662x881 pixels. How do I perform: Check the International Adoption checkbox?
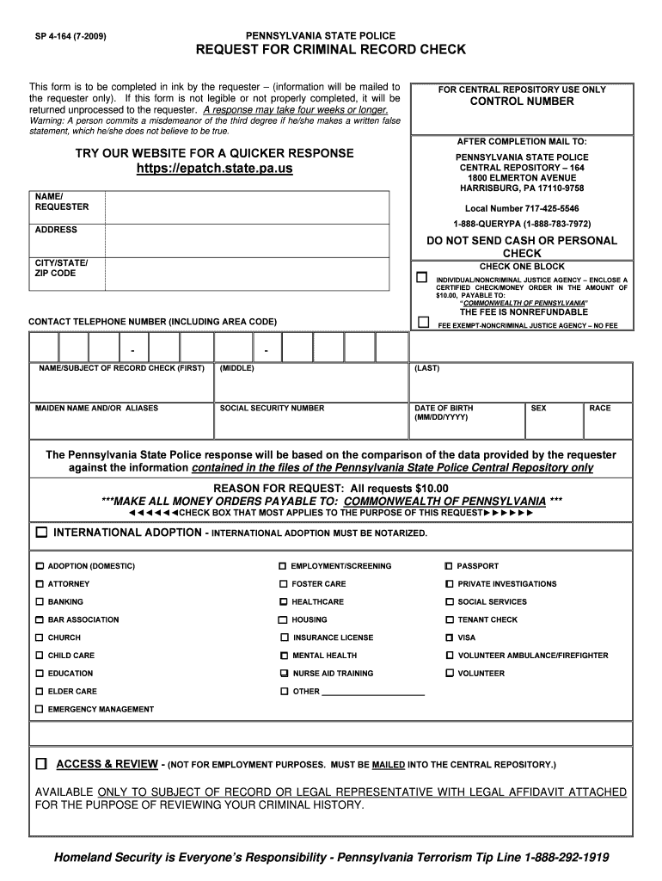pyautogui.click(x=41, y=533)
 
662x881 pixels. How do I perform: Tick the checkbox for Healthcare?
pyautogui.click(x=283, y=602)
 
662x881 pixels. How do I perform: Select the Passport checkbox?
pyautogui.click(x=449, y=566)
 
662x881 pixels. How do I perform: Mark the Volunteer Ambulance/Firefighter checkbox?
pyautogui.click(x=450, y=656)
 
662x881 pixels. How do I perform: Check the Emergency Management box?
pyautogui.click(x=39, y=709)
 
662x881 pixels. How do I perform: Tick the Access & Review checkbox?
pyautogui.click(x=41, y=764)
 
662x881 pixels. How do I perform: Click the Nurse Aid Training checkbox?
pyautogui.click(x=284, y=674)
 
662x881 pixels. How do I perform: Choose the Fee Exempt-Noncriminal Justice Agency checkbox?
pyautogui.click(x=422, y=323)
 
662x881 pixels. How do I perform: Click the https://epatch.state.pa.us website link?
pyautogui.click(x=215, y=169)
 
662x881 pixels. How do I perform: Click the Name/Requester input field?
pyautogui.click(x=247, y=206)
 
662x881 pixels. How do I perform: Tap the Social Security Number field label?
pyautogui.click(x=272, y=408)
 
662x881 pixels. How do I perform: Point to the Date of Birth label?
pyautogui.click(x=444, y=408)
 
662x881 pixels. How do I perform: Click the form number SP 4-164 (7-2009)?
pyautogui.click(x=70, y=36)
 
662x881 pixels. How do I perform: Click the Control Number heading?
pyautogui.click(x=521, y=102)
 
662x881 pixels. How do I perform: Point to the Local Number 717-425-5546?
pyautogui.click(x=522, y=208)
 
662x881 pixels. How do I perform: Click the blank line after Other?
pyautogui.click(x=373, y=692)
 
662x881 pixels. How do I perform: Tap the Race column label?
pyautogui.click(x=600, y=408)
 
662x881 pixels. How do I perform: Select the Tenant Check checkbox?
pyautogui.click(x=450, y=620)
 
